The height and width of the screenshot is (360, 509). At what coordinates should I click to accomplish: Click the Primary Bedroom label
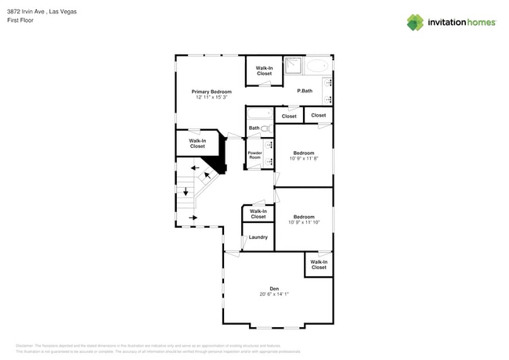click(x=211, y=92)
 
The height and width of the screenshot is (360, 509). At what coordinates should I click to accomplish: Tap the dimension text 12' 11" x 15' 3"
click(x=211, y=97)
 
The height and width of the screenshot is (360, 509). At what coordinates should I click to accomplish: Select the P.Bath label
click(x=305, y=91)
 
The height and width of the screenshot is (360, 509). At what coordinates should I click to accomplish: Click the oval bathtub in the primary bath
click(x=317, y=66)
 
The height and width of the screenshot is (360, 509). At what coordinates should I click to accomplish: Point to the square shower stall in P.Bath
click(x=293, y=65)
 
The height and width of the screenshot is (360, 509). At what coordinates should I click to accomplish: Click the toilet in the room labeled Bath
click(x=266, y=128)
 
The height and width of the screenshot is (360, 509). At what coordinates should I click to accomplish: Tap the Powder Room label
click(x=254, y=155)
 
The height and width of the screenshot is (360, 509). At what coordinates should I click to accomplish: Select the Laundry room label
click(x=258, y=237)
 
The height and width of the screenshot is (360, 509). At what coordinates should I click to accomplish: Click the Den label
click(x=274, y=288)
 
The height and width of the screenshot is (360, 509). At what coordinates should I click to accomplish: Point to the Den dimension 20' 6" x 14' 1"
click(x=274, y=294)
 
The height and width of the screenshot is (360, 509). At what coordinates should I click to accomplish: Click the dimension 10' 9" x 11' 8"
click(x=304, y=158)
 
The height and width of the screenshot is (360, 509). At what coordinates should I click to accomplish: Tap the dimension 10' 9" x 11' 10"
click(x=304, y=222)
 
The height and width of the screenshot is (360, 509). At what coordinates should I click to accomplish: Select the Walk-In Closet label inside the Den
click(x=319, y=265)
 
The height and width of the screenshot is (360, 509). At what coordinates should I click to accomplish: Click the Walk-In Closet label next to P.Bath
click(x=264, y=70)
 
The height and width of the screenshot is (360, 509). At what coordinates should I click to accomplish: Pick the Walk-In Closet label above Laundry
click(x=258, y=214)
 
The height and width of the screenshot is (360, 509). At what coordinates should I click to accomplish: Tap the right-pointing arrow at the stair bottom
click(x=193, y=218)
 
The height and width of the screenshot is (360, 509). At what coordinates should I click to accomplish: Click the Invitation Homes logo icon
click(x=415, y=23)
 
